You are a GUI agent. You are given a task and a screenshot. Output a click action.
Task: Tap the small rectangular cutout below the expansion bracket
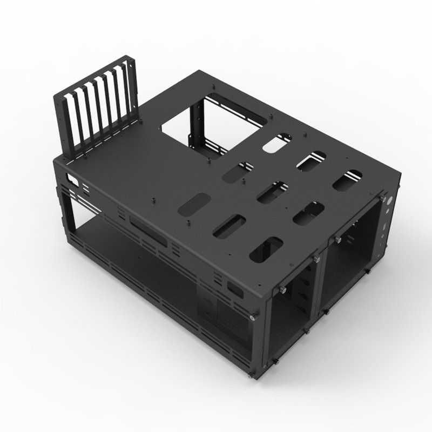point(70,178)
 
